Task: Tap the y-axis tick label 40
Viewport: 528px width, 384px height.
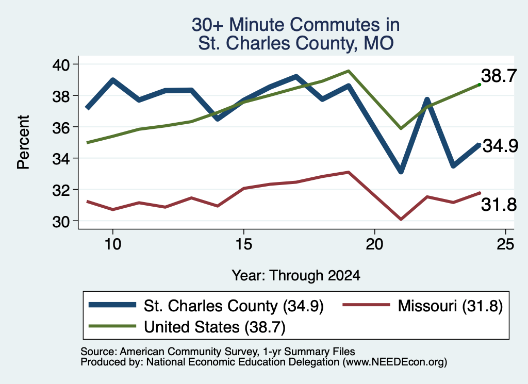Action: pos(61,64)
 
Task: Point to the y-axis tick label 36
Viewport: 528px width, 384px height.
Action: pos(61,127)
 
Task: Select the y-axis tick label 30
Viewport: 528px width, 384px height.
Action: pos(61,222)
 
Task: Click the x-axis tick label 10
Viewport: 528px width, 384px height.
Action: pos(112,244)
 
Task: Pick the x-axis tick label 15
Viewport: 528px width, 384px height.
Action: pos(243,244)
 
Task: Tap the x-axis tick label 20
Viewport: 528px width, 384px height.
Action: pos(374,244)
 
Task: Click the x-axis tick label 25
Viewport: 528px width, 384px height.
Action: pos(505,244)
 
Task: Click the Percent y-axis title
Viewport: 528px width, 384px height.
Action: pos(24,142)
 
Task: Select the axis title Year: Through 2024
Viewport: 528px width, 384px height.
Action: pos(296,275)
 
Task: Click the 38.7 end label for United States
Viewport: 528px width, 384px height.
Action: pos(499,76)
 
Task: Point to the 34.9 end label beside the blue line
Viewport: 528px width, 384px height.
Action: pos(500,146)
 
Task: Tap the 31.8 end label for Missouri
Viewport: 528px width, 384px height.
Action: pos(499,205)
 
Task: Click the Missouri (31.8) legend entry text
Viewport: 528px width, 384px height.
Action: pos(450,306)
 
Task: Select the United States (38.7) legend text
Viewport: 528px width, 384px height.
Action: pos(215,327)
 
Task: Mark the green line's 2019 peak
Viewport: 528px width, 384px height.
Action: pos(349,71)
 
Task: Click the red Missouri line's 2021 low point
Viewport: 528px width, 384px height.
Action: pos(401,220)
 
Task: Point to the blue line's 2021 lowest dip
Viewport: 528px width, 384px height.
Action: pos(401,171)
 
